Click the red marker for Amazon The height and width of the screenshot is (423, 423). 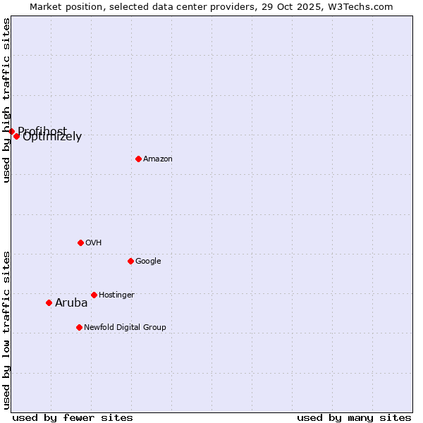point(138,159)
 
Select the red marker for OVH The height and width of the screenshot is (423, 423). point(80,243)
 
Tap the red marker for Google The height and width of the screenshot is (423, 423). point(130,261)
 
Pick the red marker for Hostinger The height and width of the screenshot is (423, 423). point(94,295)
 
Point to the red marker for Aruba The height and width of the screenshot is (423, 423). point(49,302)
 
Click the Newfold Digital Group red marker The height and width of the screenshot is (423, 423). point(79,327)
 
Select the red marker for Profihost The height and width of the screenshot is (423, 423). point(11,131)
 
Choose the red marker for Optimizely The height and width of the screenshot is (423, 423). point(16,136)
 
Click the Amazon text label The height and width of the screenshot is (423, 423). point(158,159)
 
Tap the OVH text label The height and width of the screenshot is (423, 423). point(94,243)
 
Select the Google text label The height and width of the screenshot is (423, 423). point(148,262)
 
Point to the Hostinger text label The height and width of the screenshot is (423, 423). point(116,295)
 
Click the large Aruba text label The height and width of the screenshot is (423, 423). point(71,303)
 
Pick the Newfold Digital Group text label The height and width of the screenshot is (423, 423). point(125,328)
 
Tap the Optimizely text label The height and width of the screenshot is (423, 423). point(52,137)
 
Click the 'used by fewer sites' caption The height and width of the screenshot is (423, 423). point(73,417)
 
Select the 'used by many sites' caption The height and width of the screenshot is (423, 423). point(354,417)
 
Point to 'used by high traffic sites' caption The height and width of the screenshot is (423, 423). point(6,100)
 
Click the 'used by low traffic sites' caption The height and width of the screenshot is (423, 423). point(6,330)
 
